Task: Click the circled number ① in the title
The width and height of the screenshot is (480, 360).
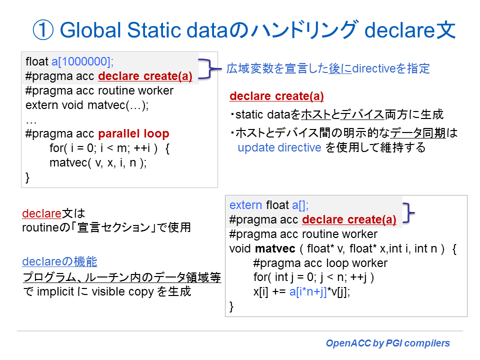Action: click(x=43, y=30)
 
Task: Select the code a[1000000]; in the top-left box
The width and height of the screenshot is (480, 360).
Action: click(x=82, y=62)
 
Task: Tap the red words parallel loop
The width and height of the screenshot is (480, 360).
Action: click(x=133, y=133)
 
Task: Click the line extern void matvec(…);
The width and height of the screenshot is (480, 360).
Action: click(x=87, y=105)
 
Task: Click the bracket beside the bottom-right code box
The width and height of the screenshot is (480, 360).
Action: click(x=409, y=212)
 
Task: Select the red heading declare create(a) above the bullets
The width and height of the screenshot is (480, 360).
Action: click(x=276, y=96)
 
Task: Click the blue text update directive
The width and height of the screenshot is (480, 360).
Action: click(x=279, y=147)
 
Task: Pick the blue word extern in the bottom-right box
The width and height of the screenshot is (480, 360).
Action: click(x=245, y=205)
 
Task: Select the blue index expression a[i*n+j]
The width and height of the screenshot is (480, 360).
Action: click(x=312, y=292)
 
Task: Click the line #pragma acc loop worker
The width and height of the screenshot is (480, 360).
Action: click(x=320, y=263)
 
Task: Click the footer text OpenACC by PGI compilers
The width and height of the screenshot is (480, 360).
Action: click(x=387, y=343)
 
